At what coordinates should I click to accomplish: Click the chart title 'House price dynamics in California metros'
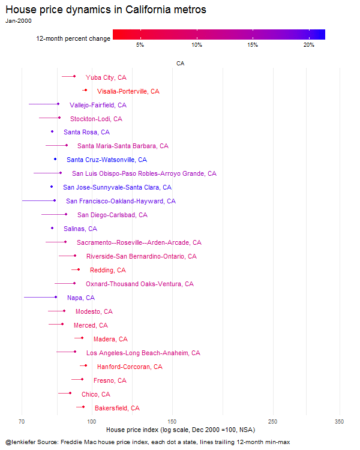tap(106, 10)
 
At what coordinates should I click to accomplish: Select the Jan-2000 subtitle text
tap(19, 20)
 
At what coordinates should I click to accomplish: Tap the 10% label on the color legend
tap(197, 45)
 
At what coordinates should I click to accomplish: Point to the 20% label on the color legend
tap(309, 45)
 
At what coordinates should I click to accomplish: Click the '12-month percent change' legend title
tap(73, 38)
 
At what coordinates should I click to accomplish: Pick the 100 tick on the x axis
tap(92, 422)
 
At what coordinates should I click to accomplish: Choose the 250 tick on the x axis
tap(273, 422)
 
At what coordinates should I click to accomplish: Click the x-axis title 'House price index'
tap(133, 430)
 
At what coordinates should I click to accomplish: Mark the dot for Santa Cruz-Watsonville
tap(55, 159)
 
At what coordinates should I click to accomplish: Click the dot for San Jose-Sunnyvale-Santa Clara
tap(52, 187)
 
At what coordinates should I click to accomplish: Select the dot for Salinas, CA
tap(52, 228)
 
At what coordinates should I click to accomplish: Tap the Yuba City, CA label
tap(106, 77)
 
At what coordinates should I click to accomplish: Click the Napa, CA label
tap(81, 298)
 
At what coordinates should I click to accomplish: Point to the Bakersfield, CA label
tap(117, 408)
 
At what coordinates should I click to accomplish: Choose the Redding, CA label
tap(108, 270)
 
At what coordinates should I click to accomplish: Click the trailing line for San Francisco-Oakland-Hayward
tap(38, 200)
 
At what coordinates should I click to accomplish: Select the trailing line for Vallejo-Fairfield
tap(43, 104)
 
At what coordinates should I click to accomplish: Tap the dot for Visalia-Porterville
tap(86, 90)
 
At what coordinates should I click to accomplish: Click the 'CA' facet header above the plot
tap(180, 64)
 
